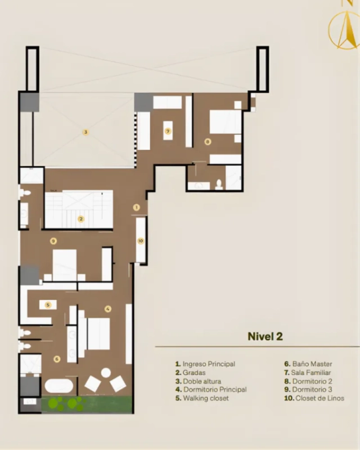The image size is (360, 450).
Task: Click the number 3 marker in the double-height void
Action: coord(85,132)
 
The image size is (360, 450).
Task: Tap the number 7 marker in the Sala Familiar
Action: coord(168,131)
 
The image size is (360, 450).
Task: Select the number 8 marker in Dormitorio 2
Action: coord(208,142)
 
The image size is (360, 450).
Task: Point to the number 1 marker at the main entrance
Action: coord(136,207)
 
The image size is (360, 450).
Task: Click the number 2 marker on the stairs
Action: coord(81,219)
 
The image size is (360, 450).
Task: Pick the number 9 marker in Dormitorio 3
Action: coord(53,241)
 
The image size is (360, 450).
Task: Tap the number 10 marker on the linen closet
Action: coord(141,241)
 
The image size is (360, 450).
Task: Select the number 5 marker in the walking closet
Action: coord(48,305)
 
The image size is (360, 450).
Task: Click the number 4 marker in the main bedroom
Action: coord(107,309)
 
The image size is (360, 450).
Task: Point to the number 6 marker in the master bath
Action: coord(57,359)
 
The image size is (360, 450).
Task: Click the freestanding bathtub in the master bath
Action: coord(59,386)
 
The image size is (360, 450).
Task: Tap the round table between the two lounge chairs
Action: coord(106,373)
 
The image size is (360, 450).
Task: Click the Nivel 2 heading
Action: coord(265,336)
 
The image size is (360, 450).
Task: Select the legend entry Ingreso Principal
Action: coord(205,364)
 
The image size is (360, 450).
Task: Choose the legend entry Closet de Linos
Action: coord(314,398)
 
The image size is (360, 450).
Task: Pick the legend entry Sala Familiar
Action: coord(308,372)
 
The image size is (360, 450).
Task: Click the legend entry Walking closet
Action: coord(202,398)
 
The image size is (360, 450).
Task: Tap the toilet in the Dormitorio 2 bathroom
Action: coord(219,184)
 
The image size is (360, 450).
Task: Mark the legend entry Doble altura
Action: coord(199,381)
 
